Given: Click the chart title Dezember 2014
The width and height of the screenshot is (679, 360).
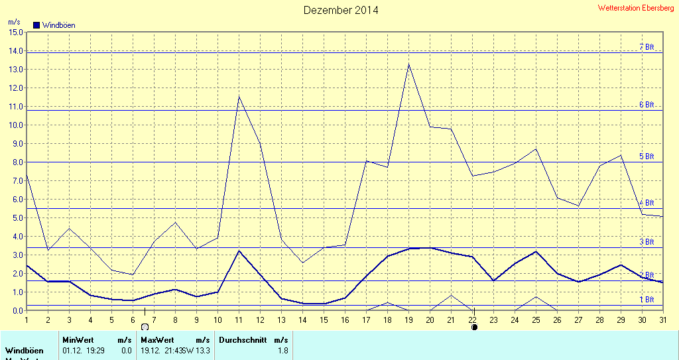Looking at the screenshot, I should pos(341,10).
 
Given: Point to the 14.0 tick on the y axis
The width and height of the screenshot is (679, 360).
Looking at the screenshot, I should pos(15,51).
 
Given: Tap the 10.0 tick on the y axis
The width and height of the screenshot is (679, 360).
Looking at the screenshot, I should pos(15,125).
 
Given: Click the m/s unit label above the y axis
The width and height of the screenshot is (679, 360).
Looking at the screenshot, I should pos(14,23).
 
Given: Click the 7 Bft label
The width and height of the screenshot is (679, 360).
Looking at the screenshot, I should pos(647,47).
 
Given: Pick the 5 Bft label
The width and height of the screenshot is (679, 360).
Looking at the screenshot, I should pos(647,156).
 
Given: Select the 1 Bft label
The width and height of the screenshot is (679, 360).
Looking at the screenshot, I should pos(647,300).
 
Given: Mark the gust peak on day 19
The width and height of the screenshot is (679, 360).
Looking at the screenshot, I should pos(408,64).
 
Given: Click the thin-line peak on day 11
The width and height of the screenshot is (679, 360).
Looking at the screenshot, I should pos(239,96).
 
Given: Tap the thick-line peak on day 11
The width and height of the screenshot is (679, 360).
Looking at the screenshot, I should pos(239,251).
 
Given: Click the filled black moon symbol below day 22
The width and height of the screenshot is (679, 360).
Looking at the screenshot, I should pos(474,327).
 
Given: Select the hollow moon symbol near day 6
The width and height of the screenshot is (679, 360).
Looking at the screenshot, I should pos(145,327).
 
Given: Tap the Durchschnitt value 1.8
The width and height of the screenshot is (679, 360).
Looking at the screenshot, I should pos(282,350).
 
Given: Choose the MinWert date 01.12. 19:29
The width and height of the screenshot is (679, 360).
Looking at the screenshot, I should pos(83,350).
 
